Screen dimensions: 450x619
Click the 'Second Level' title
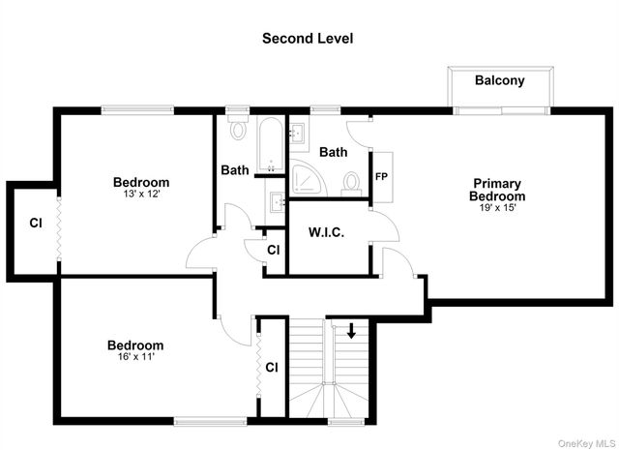pos(308,39)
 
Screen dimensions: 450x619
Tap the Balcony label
pos(499,80)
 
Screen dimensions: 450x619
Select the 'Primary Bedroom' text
pos(498,190)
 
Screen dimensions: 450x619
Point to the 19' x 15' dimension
pos(498,208)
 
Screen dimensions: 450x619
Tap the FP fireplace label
pos(381,177)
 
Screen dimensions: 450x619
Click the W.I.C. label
pos(327,232)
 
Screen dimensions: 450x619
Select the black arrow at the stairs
pos(351,331)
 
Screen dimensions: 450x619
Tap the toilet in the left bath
pos(239,130)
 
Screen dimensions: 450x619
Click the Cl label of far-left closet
pos(36,223)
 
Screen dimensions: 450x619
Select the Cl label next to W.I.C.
pos(274,250)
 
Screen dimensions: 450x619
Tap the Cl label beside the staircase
pos(272,367)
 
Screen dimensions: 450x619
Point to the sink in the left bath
pos(278,202)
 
